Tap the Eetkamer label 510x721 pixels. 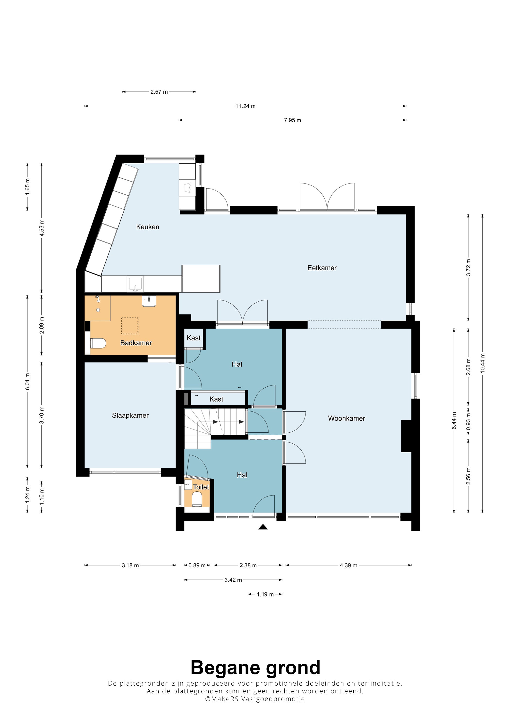point(322,268)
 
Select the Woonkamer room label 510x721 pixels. point(347,418)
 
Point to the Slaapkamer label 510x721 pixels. point(130,415)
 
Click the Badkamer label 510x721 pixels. point(136,343)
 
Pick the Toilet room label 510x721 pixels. point(201,487)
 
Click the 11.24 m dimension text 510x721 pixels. point(246,106)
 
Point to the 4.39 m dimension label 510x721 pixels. point(348,565)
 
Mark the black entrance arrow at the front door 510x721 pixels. point(263,527)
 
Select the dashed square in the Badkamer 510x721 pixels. point(130,326)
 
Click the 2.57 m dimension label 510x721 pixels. point(159,92)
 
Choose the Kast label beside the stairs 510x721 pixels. point(216,399)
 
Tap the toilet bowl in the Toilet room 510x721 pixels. point(197,499)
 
